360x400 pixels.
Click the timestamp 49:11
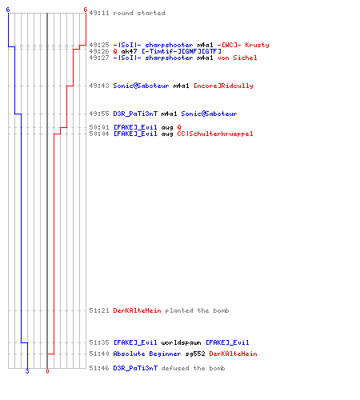99,13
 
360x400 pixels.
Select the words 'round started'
139,13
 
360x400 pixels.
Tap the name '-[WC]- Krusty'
243,45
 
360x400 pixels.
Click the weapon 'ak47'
129,51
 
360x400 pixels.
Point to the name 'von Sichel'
237,58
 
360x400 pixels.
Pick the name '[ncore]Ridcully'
223,86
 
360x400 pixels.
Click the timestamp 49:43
99,86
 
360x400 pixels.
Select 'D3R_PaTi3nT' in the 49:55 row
135,114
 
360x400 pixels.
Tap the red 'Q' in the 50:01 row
179,127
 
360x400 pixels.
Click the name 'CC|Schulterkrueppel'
215,134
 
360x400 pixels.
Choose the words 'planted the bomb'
197,310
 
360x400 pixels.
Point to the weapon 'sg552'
195,354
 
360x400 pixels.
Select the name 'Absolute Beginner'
147,354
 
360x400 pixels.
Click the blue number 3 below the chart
27,371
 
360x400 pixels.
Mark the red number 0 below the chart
47,371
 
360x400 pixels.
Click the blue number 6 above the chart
8,10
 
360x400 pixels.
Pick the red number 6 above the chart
86,10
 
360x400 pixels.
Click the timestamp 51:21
99,310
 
